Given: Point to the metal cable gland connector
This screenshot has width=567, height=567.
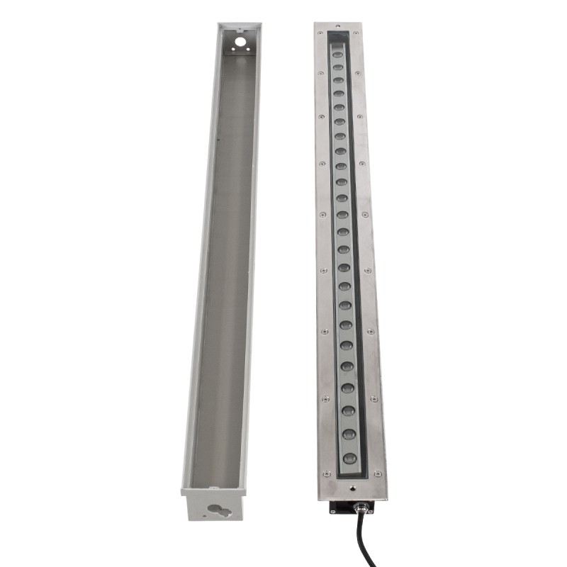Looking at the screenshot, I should coord(361,507).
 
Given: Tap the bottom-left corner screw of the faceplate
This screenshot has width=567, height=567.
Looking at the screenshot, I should coord(327,474).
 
